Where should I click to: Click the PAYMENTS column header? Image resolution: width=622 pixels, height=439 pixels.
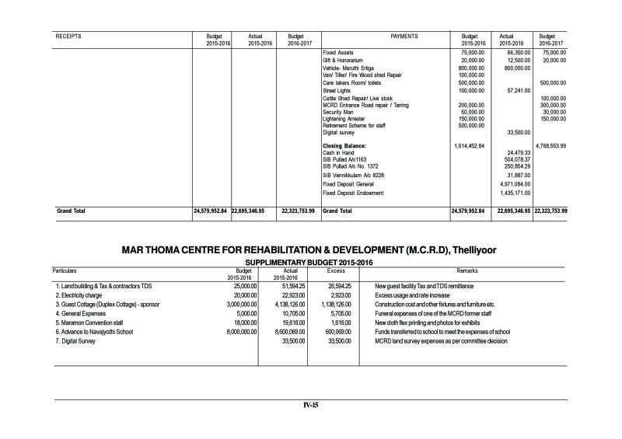tap(403, 37)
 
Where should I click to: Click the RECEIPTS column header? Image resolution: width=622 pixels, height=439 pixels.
tap(69, 37)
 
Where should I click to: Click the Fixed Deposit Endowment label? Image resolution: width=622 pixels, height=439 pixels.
tap(354, 192)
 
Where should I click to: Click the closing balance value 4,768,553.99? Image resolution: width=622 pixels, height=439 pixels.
tap(551, 145)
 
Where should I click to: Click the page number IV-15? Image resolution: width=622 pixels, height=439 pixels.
tap(311, 404)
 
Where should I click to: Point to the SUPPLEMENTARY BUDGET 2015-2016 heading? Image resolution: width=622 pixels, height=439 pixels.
tap(311, 263)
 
